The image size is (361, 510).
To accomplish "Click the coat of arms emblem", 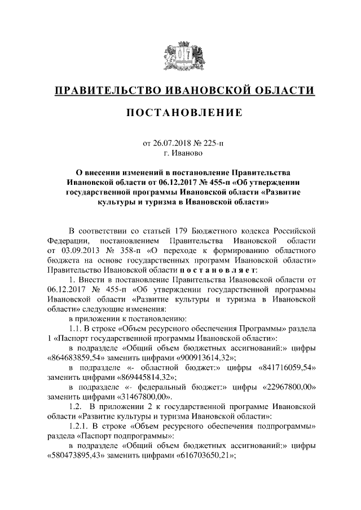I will tap(180, 55).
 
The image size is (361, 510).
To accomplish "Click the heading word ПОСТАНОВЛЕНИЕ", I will tap(180, 113).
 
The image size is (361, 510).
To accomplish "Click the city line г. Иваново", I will tap(180, 152).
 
